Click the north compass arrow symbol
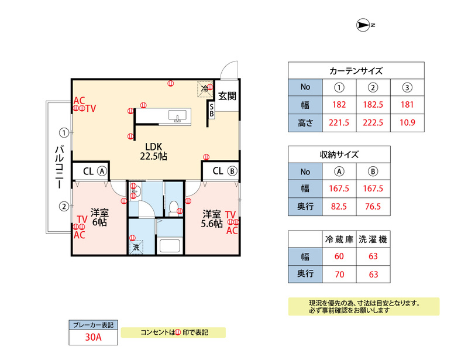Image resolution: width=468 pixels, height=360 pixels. point(363,25)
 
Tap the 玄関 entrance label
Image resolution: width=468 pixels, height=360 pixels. point(227,96)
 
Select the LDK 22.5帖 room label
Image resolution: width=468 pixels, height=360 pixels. point(153,152)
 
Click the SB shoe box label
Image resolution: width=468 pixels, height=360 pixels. point(211,110)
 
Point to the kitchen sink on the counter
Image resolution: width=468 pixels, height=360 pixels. point(177,116)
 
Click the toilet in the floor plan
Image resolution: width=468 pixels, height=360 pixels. point(173,208)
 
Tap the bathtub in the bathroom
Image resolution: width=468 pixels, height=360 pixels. point(170,245)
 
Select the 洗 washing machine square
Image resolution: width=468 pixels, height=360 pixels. point(136,248)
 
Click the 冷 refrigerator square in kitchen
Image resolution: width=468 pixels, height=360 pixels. point(205,89)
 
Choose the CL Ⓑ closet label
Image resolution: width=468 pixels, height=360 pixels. point(225,171)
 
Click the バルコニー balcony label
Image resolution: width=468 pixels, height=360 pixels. point(60,166)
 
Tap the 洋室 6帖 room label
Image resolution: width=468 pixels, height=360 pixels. point(99,218)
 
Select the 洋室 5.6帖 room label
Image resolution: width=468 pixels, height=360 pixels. point(212,219)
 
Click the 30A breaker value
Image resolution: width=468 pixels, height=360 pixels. point(94,337)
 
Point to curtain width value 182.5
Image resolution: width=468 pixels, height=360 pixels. point(373,105)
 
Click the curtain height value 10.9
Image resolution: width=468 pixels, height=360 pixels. point(407,122)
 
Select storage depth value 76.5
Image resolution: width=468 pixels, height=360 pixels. point(373,207)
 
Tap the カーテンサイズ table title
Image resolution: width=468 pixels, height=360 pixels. point(356,71)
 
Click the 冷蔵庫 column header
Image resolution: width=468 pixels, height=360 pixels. point(339,239)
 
